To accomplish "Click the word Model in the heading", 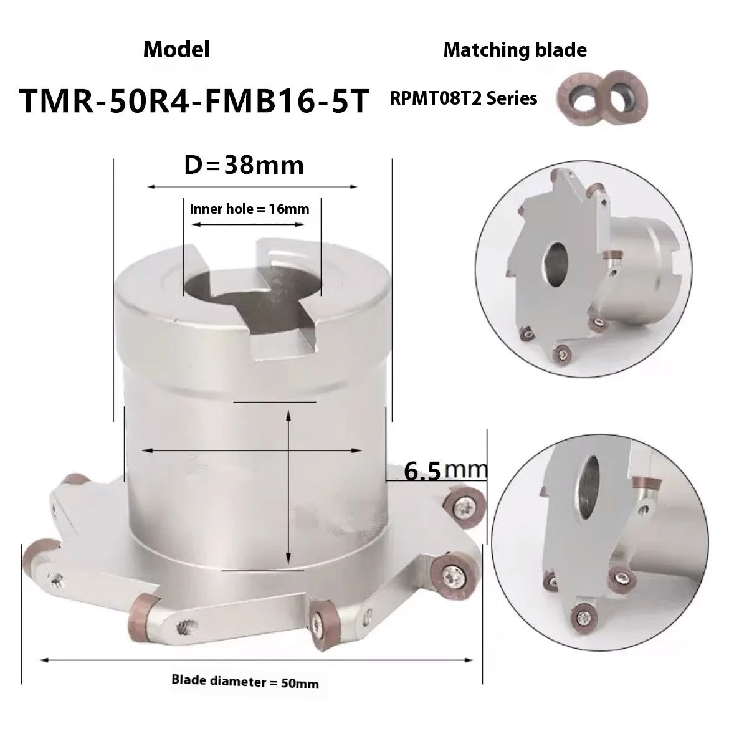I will coord(176,50).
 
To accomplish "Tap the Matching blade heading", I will coord(515,50).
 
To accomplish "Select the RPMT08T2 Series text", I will coord(464,98).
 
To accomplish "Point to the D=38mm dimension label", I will coord(244,165).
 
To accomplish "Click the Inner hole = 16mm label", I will coord(249,209).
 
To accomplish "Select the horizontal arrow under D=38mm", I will coord(252,186).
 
